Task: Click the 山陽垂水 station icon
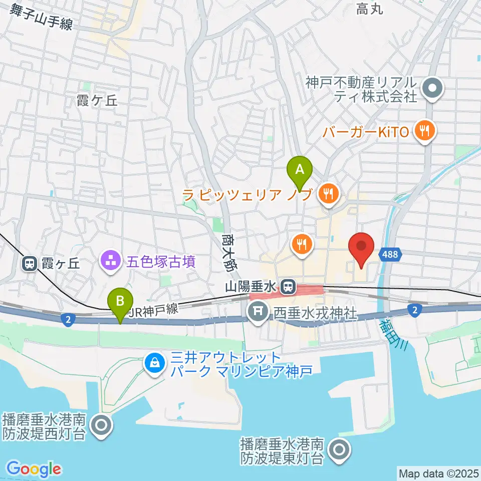(288, 287)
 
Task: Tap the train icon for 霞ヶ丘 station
(29, 263)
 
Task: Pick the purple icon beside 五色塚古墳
(110, 260)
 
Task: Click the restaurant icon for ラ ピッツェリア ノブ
(329, 193)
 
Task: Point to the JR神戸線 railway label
(153, 310)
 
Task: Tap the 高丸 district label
(370, 9)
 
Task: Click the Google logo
(34, 469)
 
